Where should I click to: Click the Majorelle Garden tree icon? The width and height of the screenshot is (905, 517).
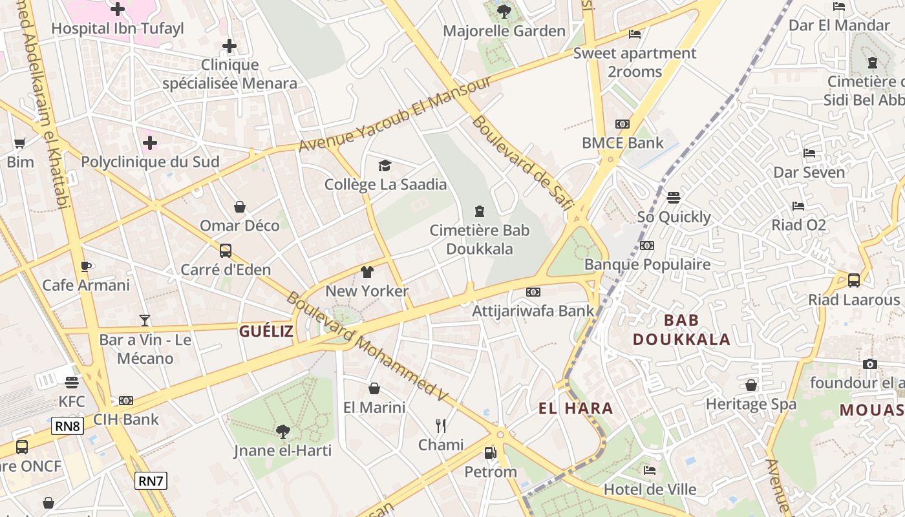click(504, 11)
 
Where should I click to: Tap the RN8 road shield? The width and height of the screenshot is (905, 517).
click(67, 426)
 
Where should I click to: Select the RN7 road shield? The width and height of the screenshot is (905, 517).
click(151, 481)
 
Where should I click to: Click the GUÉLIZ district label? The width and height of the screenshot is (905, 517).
click(266, 332)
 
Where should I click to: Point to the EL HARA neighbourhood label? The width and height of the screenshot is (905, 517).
click(575, 408)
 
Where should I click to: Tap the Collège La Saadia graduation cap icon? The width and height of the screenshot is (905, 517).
click(385, 165)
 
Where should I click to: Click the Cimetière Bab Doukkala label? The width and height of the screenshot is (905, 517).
click(480, 240)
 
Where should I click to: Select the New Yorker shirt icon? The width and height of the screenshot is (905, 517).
click(367, 272)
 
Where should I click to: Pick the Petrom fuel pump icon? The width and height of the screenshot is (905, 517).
click(491, 453)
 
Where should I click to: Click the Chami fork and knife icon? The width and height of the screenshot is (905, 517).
click(441, 425)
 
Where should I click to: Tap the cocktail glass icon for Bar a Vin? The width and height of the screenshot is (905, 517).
click(145, 320)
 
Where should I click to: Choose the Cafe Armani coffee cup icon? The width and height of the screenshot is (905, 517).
click(85, 266)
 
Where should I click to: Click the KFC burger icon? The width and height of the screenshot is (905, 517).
click(72, 383)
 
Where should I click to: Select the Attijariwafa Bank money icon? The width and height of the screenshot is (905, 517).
click(533, 292)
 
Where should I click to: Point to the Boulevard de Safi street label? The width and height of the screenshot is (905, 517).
click(523, 162)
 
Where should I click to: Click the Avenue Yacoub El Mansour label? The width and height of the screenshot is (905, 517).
click(395, 115)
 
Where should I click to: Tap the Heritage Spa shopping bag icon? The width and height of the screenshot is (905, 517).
click(751, 385)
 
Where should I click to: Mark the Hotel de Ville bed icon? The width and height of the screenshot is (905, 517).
click(650, 470)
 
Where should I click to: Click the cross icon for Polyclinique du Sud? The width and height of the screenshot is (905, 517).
click(150, 142)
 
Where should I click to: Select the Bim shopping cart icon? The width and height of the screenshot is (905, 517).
click(20, 143)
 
